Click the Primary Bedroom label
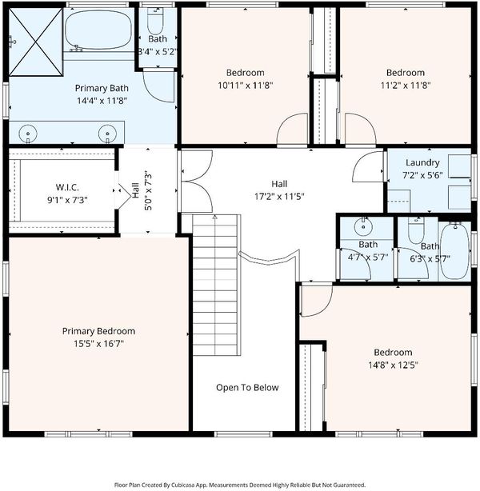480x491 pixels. coord(98,331)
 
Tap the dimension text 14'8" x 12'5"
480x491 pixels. coord(393,365)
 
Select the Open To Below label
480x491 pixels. coord(247,388)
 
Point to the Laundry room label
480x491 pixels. coord(422,162)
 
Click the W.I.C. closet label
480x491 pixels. coord(67,187)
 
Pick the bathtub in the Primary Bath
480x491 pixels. coord(98,30)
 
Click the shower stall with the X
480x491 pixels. coord(36,42)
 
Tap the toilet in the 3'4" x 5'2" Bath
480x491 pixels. coord(155,22)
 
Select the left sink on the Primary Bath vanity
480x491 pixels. coord(28,134)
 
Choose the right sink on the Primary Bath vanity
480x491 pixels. coord(107,134)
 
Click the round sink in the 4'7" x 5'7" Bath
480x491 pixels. coord(363,226)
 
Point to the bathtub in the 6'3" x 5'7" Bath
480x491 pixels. coord(455,250)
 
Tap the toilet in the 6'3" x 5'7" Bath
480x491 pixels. coord(416,231)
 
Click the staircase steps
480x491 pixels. coord(215,285)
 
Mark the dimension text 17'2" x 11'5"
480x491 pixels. coord(279,197)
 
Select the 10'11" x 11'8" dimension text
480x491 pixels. coord(246,86)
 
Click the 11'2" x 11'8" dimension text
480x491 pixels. coord(406,86)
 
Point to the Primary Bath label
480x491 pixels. coord(102,88)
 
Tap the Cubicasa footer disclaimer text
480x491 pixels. coord(240,485)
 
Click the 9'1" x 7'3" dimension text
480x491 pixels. coord(67,200)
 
